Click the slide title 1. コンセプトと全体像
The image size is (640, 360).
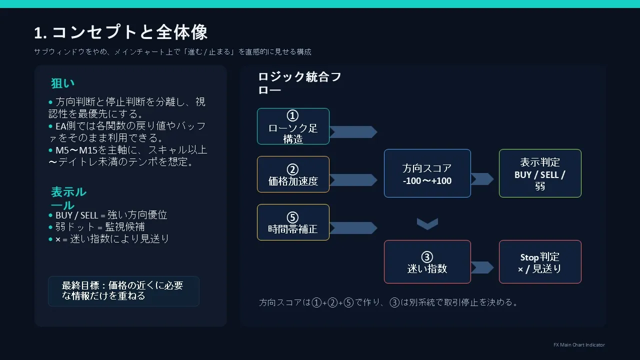tap(120, 32)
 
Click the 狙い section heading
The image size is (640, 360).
tap(62, 83)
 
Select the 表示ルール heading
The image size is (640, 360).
tap(68, 198)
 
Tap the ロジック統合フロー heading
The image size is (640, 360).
tap(299, 83)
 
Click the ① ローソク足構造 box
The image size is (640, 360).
tap(293, 126)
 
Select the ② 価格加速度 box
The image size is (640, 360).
tap(293, 174)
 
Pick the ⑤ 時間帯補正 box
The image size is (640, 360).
tap(293, 222)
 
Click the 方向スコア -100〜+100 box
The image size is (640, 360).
tap(427, 173)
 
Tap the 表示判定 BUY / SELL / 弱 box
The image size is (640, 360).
tap(540, 173)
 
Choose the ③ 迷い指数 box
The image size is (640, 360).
tap(427, 261)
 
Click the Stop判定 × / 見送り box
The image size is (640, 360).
tap(540, 261)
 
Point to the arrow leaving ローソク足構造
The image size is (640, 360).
tap(353, 132)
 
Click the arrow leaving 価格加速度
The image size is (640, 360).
tap(353, 180)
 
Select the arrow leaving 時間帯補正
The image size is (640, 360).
tap(353, 228)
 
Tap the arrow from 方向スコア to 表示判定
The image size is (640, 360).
tap(482, 179)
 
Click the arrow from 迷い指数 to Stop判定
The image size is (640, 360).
tap(482, 267)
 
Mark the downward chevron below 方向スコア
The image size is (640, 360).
tap(427, 223)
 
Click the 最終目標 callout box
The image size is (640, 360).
tap(123, 291)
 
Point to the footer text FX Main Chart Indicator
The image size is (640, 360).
tap(579, 345)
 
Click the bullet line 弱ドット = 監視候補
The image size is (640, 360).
tap(100, 227)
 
